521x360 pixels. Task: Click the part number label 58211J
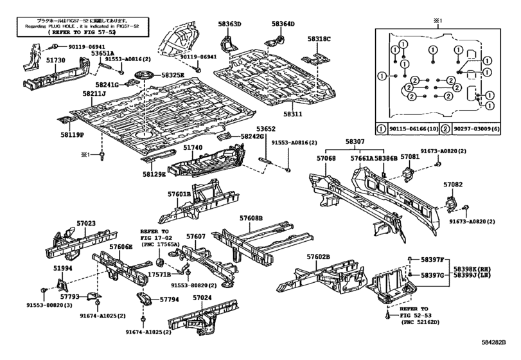coord(94,93)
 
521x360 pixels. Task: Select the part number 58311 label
coord(299,114)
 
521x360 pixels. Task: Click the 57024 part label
coord(202,298)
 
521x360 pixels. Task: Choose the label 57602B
coord(318,257)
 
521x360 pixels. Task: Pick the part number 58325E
coord(172,75)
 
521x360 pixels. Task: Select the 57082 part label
coord(453,184)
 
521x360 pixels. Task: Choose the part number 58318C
coord(319,39)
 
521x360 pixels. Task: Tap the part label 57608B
coord(252,219)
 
